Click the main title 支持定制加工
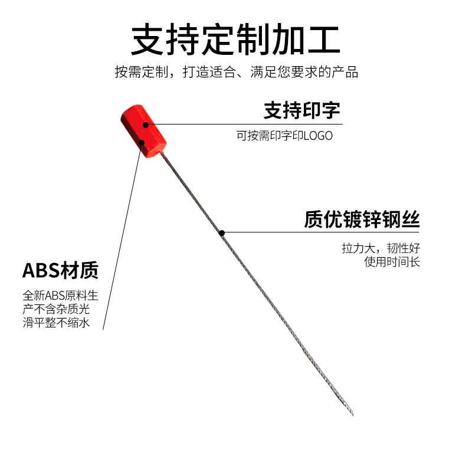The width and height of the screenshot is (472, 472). pos(235,40)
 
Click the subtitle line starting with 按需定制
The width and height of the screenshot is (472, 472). pos(236,73)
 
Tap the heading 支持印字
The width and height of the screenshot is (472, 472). pos(301,110)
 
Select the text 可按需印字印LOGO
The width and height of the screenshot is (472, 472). pos(285,136)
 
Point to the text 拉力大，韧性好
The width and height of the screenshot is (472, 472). pos(381,248)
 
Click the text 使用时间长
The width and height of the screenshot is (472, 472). pos(392,262)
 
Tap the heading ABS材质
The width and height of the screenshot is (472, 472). pos(60,271)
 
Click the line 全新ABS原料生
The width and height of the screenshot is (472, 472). pos(60,296)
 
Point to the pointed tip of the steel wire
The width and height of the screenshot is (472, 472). pos(352,415)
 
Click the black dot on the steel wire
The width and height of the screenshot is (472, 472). pos(222,232)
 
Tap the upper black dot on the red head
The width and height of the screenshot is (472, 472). pos(145,124)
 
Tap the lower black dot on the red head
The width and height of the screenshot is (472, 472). pos(142,142)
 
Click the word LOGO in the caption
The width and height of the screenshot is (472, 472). pos(318,136)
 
